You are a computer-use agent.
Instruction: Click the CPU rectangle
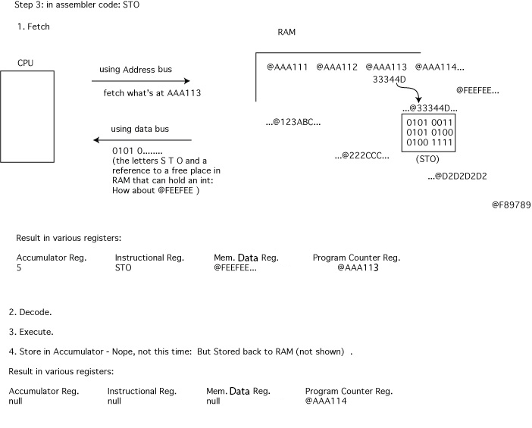click(x=27, y=116)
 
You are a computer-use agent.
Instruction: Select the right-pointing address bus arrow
click(x=141, y=81)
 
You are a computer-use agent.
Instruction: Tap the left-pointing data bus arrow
click(x=142, y=140)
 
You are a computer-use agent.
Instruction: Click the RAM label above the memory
click(x=286, y=33)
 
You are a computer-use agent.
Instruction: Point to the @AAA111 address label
click(x=287, y=67)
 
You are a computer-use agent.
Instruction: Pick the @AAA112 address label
click(x=336, y=67)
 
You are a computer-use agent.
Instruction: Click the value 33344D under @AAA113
click(x=390, y=79)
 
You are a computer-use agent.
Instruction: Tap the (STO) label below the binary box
click(x=427, y=160)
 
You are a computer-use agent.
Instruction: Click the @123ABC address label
click(x=293, y=121)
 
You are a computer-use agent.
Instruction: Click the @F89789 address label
click(x=511, y=205)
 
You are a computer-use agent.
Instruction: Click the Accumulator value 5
click(x=19, y=267)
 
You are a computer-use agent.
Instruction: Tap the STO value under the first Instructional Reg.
click(x=124, y=267)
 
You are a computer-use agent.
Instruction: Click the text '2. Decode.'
click(x=30, y=312)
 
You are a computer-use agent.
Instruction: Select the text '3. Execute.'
click(x=31, y=332)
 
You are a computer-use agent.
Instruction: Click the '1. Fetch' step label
click(x=33, y=27)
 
